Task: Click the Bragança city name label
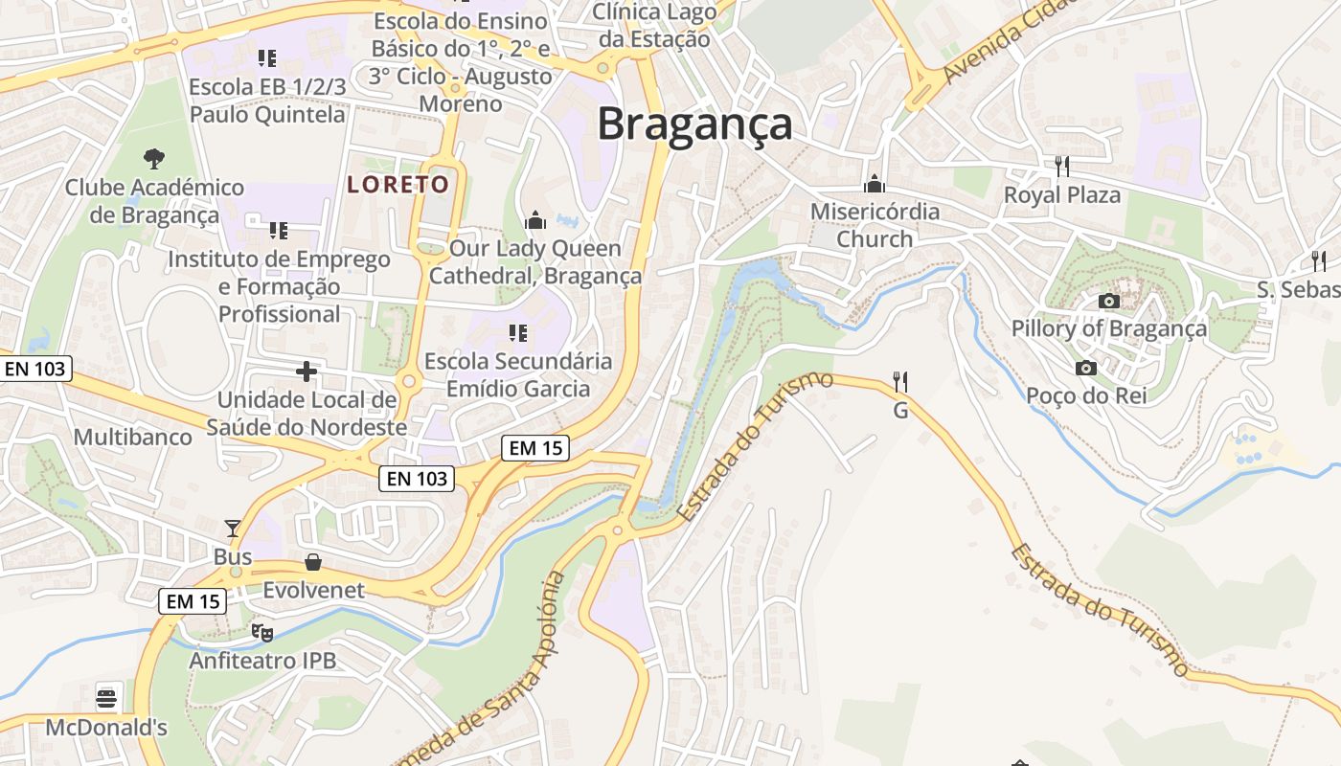tap(695, 125)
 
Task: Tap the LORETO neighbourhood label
tap(398, 184)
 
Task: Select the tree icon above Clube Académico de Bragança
tap(153, 158)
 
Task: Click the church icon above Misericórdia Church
tap(874, 183)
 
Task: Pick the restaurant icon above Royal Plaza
tap(1061, 166)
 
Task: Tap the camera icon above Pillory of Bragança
tap(1109, 301)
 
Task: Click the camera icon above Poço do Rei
tap(1085, 368)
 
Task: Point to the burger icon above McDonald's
tap(106, 697)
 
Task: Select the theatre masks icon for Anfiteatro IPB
tap(261, 632)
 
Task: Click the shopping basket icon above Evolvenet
tap(313, 561)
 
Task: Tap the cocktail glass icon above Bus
tap(233, 528)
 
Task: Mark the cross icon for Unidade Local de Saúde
tap(307, 371)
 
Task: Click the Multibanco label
tap(133, 438)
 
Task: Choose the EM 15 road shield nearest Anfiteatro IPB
tap(193, 601)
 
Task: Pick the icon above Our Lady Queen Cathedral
tap(535, 220)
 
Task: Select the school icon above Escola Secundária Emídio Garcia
tap(518, 333)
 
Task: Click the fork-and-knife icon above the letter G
tap(899, 382)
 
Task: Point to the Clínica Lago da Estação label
tap(654, 26)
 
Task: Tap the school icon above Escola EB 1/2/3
tap(267, 58)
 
